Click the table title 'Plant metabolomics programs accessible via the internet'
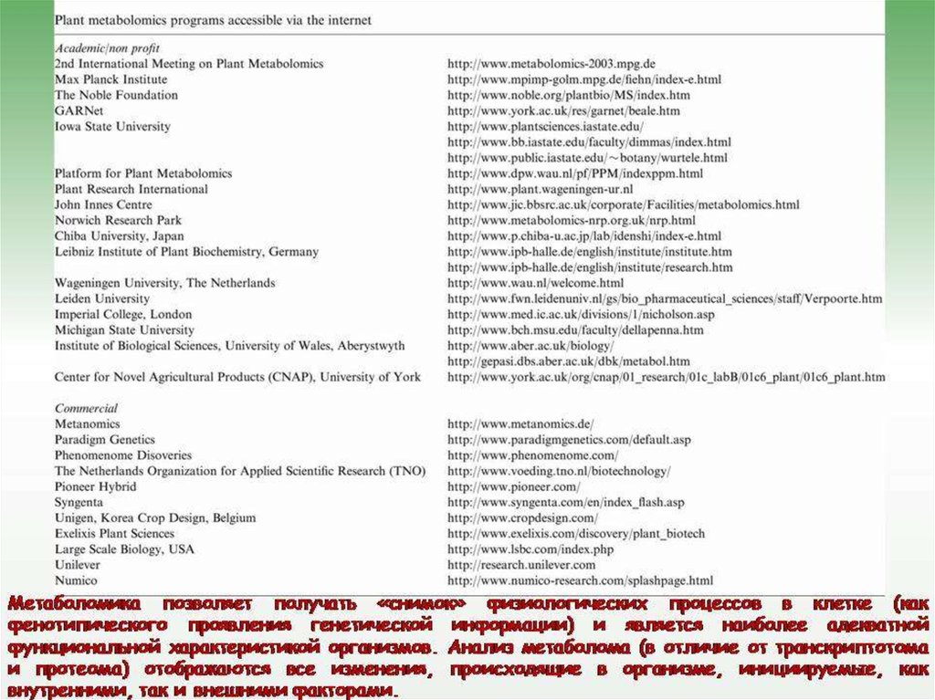pos(213,19)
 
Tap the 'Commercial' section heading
pos(86,408)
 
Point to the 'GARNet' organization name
pos(73,110)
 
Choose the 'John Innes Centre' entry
pos(103,204)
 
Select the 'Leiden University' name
pos(101,298)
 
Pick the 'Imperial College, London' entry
pos(123,314)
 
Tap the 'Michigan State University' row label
pos(124,329)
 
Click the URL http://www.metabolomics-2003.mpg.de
pos(552,64)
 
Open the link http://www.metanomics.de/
pos(520,424)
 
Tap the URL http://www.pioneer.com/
pos(513,487)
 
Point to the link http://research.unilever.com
pos(521,565)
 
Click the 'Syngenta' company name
pos(79,502)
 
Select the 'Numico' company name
pos(76,580)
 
